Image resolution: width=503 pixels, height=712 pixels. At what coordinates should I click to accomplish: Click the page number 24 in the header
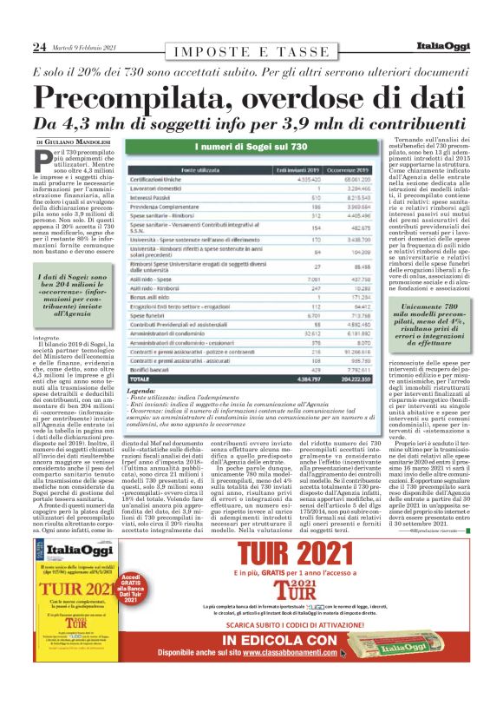coord(39,46)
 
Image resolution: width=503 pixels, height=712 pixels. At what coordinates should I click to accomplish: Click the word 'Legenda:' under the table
coord(141,392)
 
